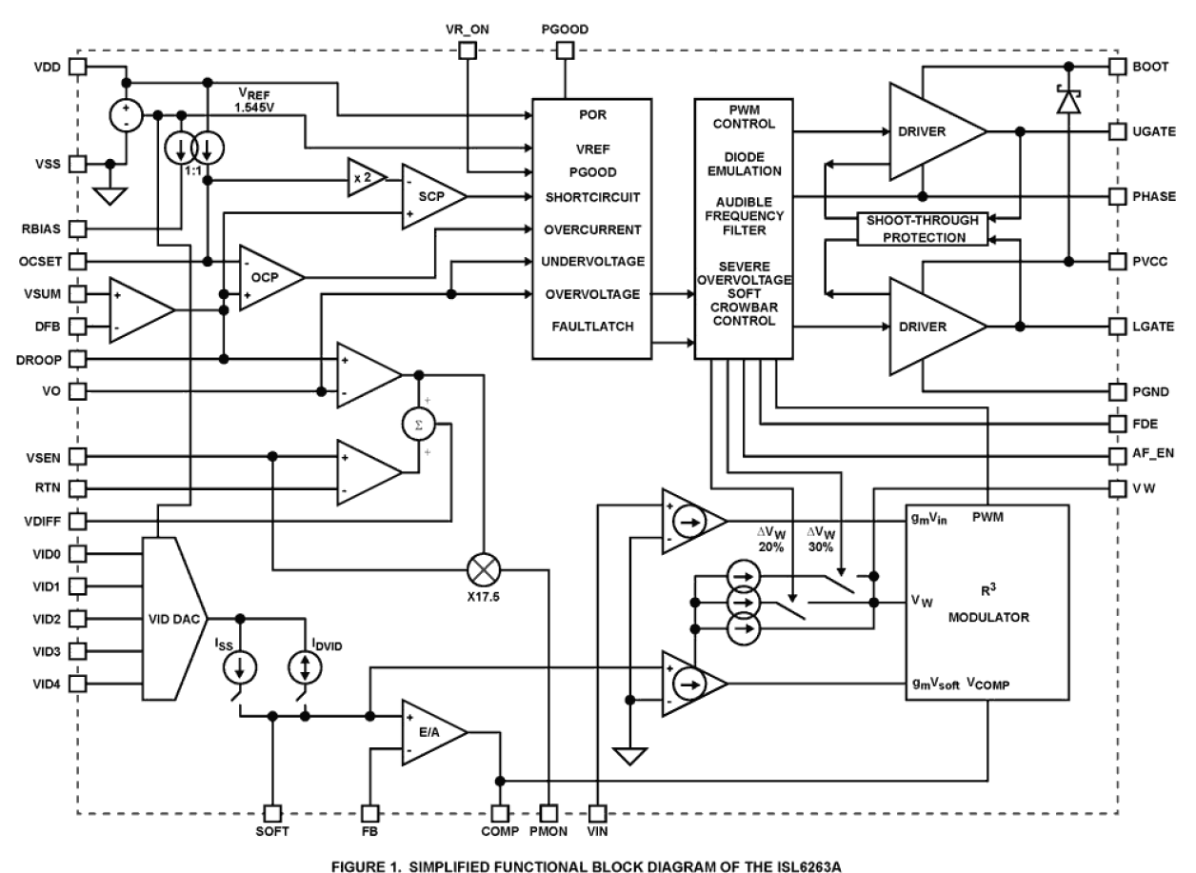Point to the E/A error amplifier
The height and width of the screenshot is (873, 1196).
click(x=431, y=732)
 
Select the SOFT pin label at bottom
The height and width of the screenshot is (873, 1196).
click(x=272, y=831)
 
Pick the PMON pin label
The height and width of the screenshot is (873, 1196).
click(x=548, y=831)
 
